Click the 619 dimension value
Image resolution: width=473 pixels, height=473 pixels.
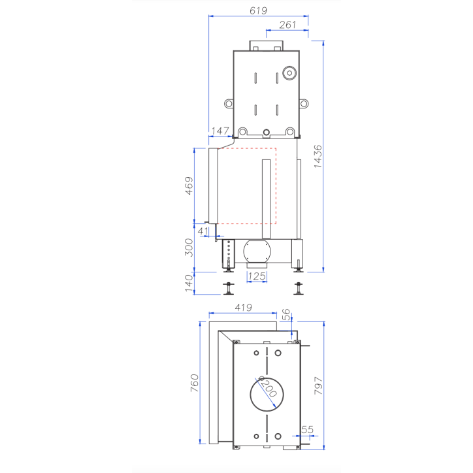click(x=258, y=10)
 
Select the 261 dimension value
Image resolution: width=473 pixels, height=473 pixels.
click(x=287, y=25)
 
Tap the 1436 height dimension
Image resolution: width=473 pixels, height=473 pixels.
click(x=318, y=155)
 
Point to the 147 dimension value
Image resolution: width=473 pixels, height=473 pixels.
click(x=220, y=131)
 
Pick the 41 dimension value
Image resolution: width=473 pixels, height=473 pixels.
click(x=203, y=231)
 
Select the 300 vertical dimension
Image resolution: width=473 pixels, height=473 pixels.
click(x=189, y=247)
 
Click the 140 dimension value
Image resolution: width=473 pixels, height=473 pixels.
click(x=189, y=283)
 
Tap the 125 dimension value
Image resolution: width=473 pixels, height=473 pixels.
click(x=257, y=276)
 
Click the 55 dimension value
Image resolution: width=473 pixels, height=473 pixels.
click(x=307, y=429)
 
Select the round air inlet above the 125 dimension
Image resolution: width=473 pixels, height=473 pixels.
click(x=259, y=252)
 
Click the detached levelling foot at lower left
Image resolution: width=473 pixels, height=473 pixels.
click(x=229, y=287)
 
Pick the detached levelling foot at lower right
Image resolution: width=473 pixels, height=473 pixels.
click(x=299, y=287)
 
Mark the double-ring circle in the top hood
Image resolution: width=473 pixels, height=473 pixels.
click(x=288, y=73)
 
